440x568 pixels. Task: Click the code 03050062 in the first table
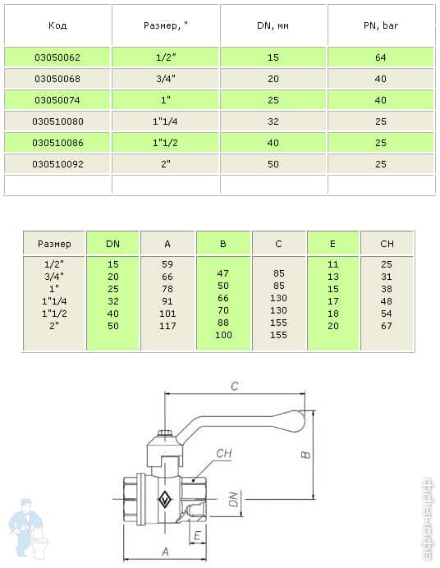57,57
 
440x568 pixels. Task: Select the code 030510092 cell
57,164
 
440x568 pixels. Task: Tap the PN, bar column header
381,25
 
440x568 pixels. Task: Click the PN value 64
381,57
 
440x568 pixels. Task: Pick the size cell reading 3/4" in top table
166,79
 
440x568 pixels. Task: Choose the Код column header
57,25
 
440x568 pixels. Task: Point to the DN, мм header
273,25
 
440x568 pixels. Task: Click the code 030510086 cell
57,143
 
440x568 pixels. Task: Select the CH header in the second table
387,244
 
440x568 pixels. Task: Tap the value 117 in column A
167,326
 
